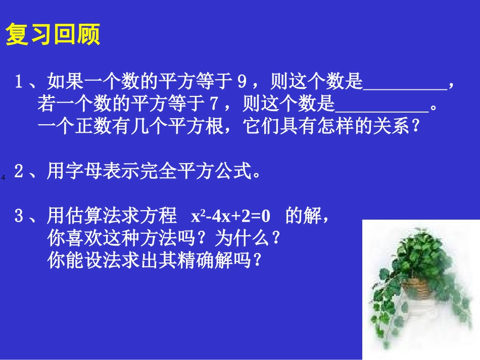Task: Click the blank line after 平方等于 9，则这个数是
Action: pyautogui.click(x=405, y=84)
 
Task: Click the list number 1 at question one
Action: pyautogui.click(x=19, y=81)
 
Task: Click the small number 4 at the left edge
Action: pyautogui.click(x=3, y=177)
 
